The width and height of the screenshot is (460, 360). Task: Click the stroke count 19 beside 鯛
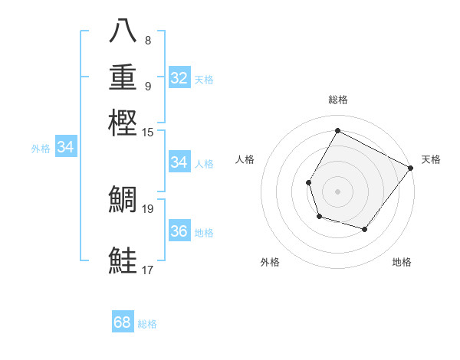(148, 208)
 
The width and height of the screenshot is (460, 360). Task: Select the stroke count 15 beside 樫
(148, 133)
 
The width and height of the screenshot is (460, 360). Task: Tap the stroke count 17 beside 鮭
(148, 270)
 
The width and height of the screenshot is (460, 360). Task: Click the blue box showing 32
(179, 78)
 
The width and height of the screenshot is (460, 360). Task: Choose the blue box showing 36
(179, 231)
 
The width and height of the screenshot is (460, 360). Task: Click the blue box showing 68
(123, 322)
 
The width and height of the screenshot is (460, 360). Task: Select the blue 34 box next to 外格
(65, 148)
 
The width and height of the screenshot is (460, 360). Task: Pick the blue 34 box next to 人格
(179, 162)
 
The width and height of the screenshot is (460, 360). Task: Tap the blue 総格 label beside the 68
(147, 324)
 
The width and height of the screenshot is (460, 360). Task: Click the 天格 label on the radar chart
(431, 159)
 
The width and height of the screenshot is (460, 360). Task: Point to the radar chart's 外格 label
(270, 262)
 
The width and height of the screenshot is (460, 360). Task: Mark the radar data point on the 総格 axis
(337, 131)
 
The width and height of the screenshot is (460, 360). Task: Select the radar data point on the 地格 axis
(365, 229)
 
